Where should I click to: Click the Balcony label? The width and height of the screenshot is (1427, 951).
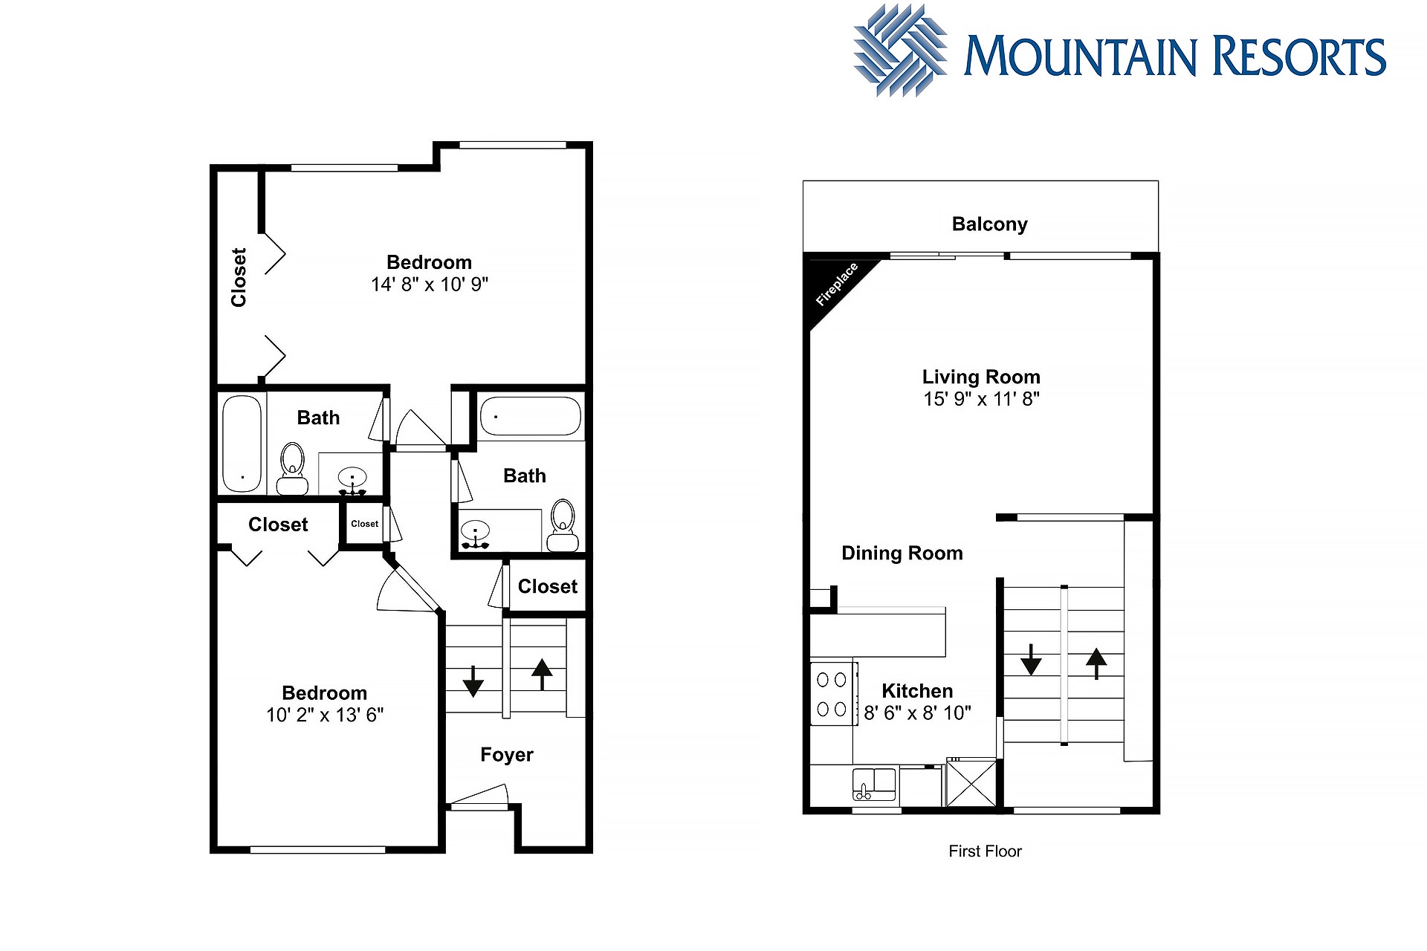pyautogui.click(x=989, y=224)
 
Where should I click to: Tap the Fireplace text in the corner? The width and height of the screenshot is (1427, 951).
pyautogui.click(x=837, y=284)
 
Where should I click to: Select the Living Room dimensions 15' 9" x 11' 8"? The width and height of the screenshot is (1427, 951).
pyautogui.click(x=981, y=399)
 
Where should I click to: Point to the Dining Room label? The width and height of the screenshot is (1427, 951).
pyautogui.click(x=902, y=553)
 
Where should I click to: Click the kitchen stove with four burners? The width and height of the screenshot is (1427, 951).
pyautogui.click(x=832, y=694)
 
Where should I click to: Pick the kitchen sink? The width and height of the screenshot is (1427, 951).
pyautogui.click(x=874, y=785)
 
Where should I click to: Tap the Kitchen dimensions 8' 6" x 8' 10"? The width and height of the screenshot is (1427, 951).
pyautogui.click(x=917, y=713)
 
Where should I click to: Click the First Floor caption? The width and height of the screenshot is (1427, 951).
pyautogui.click(x=985, y=851)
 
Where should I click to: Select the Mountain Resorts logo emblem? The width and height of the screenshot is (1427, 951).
pyautogui.click(x=901, y=51)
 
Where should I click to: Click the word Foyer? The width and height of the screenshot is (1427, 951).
pyautogui.click(x=507, y=755)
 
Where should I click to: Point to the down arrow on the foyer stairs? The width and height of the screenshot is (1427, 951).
pyautogui.click(x=473, y=681)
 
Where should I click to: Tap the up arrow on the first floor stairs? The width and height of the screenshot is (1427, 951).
pyautogui.click(x=1096, y=664)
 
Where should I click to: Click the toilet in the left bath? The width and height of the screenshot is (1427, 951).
pyautogui.click(x=292, y=470)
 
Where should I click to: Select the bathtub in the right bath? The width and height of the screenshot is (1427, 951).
pyautogui.click(x=531, y=416)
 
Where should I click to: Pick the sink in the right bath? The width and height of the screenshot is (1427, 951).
pyautogui.click(x=476, y=533)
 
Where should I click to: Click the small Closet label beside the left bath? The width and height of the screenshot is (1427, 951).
pyautogui.click(x=364, y=524)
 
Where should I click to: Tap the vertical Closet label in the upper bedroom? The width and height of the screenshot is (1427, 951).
pyautogui.click(x=239, y=277)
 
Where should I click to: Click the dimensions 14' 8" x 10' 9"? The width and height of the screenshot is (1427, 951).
pyautogui.click(x=430, y=285)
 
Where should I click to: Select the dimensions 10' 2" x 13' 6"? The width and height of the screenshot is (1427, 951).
pyautogui.click(x=325, y=715)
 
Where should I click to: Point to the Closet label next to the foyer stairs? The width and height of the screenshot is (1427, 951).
pyautogui.click(x=548, y=586)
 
